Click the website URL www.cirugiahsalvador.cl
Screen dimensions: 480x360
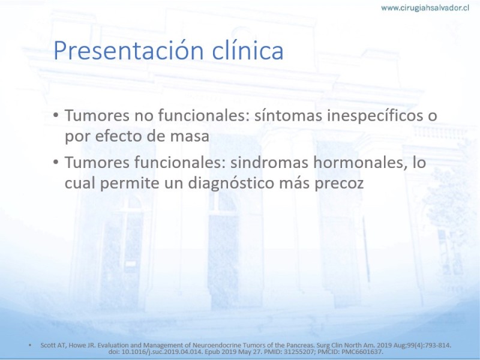coord(425,8)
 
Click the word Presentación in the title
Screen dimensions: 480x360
coord(128,50)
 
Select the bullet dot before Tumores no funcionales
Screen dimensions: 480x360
coord(55,115)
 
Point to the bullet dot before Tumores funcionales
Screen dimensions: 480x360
coord(55,162)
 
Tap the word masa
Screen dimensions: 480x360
coord(190,136)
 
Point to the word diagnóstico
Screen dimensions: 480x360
coord(231,184)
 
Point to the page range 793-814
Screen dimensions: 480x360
coord(439,346)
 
